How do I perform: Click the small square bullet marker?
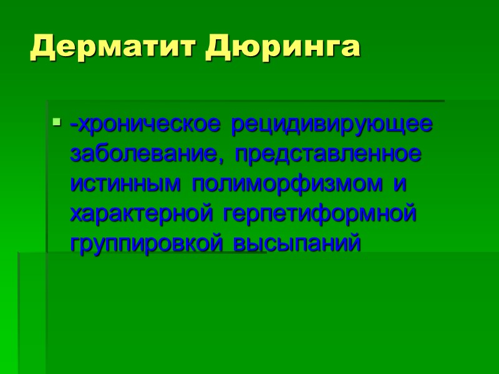point(57,121)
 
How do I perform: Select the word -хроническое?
point(146,124)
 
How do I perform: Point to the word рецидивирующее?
point(331,124)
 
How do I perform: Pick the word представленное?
point(328,153)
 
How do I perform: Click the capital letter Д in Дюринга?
point(219,47)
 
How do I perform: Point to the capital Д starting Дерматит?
point(43,47)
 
